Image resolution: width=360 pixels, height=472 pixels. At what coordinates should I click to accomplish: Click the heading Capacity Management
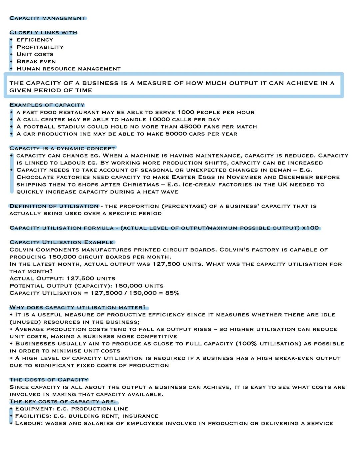coord(47,18)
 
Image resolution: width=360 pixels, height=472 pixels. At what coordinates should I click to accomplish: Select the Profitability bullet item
coord(40,47)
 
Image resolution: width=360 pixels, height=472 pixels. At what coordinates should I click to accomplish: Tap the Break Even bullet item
coord(36,62)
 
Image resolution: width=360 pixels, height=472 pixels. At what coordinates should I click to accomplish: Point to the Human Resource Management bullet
coord(69,69)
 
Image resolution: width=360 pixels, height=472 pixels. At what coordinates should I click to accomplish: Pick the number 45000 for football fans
coord(190,127)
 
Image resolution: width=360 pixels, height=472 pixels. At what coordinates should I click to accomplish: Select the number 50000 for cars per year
coord(176,134)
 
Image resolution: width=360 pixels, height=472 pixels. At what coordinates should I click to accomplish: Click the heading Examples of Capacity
coord(47,105)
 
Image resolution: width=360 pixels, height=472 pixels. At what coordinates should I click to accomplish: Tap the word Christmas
coord(141,185)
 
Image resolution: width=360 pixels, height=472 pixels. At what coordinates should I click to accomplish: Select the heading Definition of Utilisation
coord(54,207)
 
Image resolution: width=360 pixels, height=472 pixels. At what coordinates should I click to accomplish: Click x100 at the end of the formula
coord(310,228)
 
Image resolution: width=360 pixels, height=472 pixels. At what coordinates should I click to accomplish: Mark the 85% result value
coord(172,293)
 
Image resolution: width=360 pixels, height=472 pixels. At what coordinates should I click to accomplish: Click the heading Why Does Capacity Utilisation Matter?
coord(78,308)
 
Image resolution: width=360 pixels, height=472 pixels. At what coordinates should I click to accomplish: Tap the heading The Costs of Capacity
coord(49,380)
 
